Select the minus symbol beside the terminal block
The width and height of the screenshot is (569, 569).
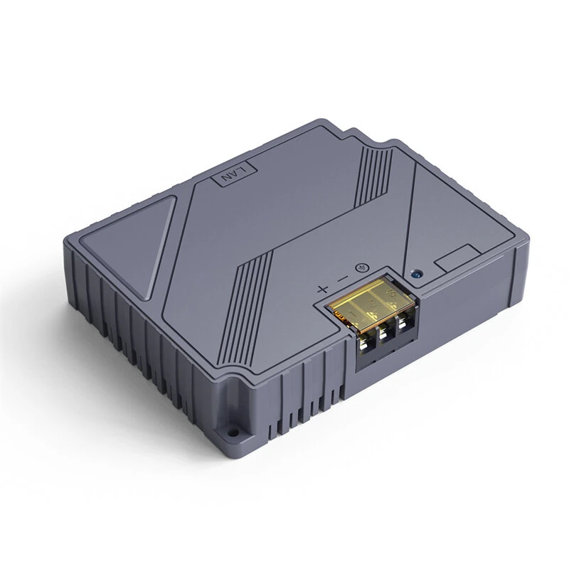tap(343, 279)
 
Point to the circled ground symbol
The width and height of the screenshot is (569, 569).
tap(361, 268)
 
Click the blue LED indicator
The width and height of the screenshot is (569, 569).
tap(417, 274)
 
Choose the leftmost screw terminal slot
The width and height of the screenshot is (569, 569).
tap(366, 346)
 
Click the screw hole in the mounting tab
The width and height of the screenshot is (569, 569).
tap(233, 432)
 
